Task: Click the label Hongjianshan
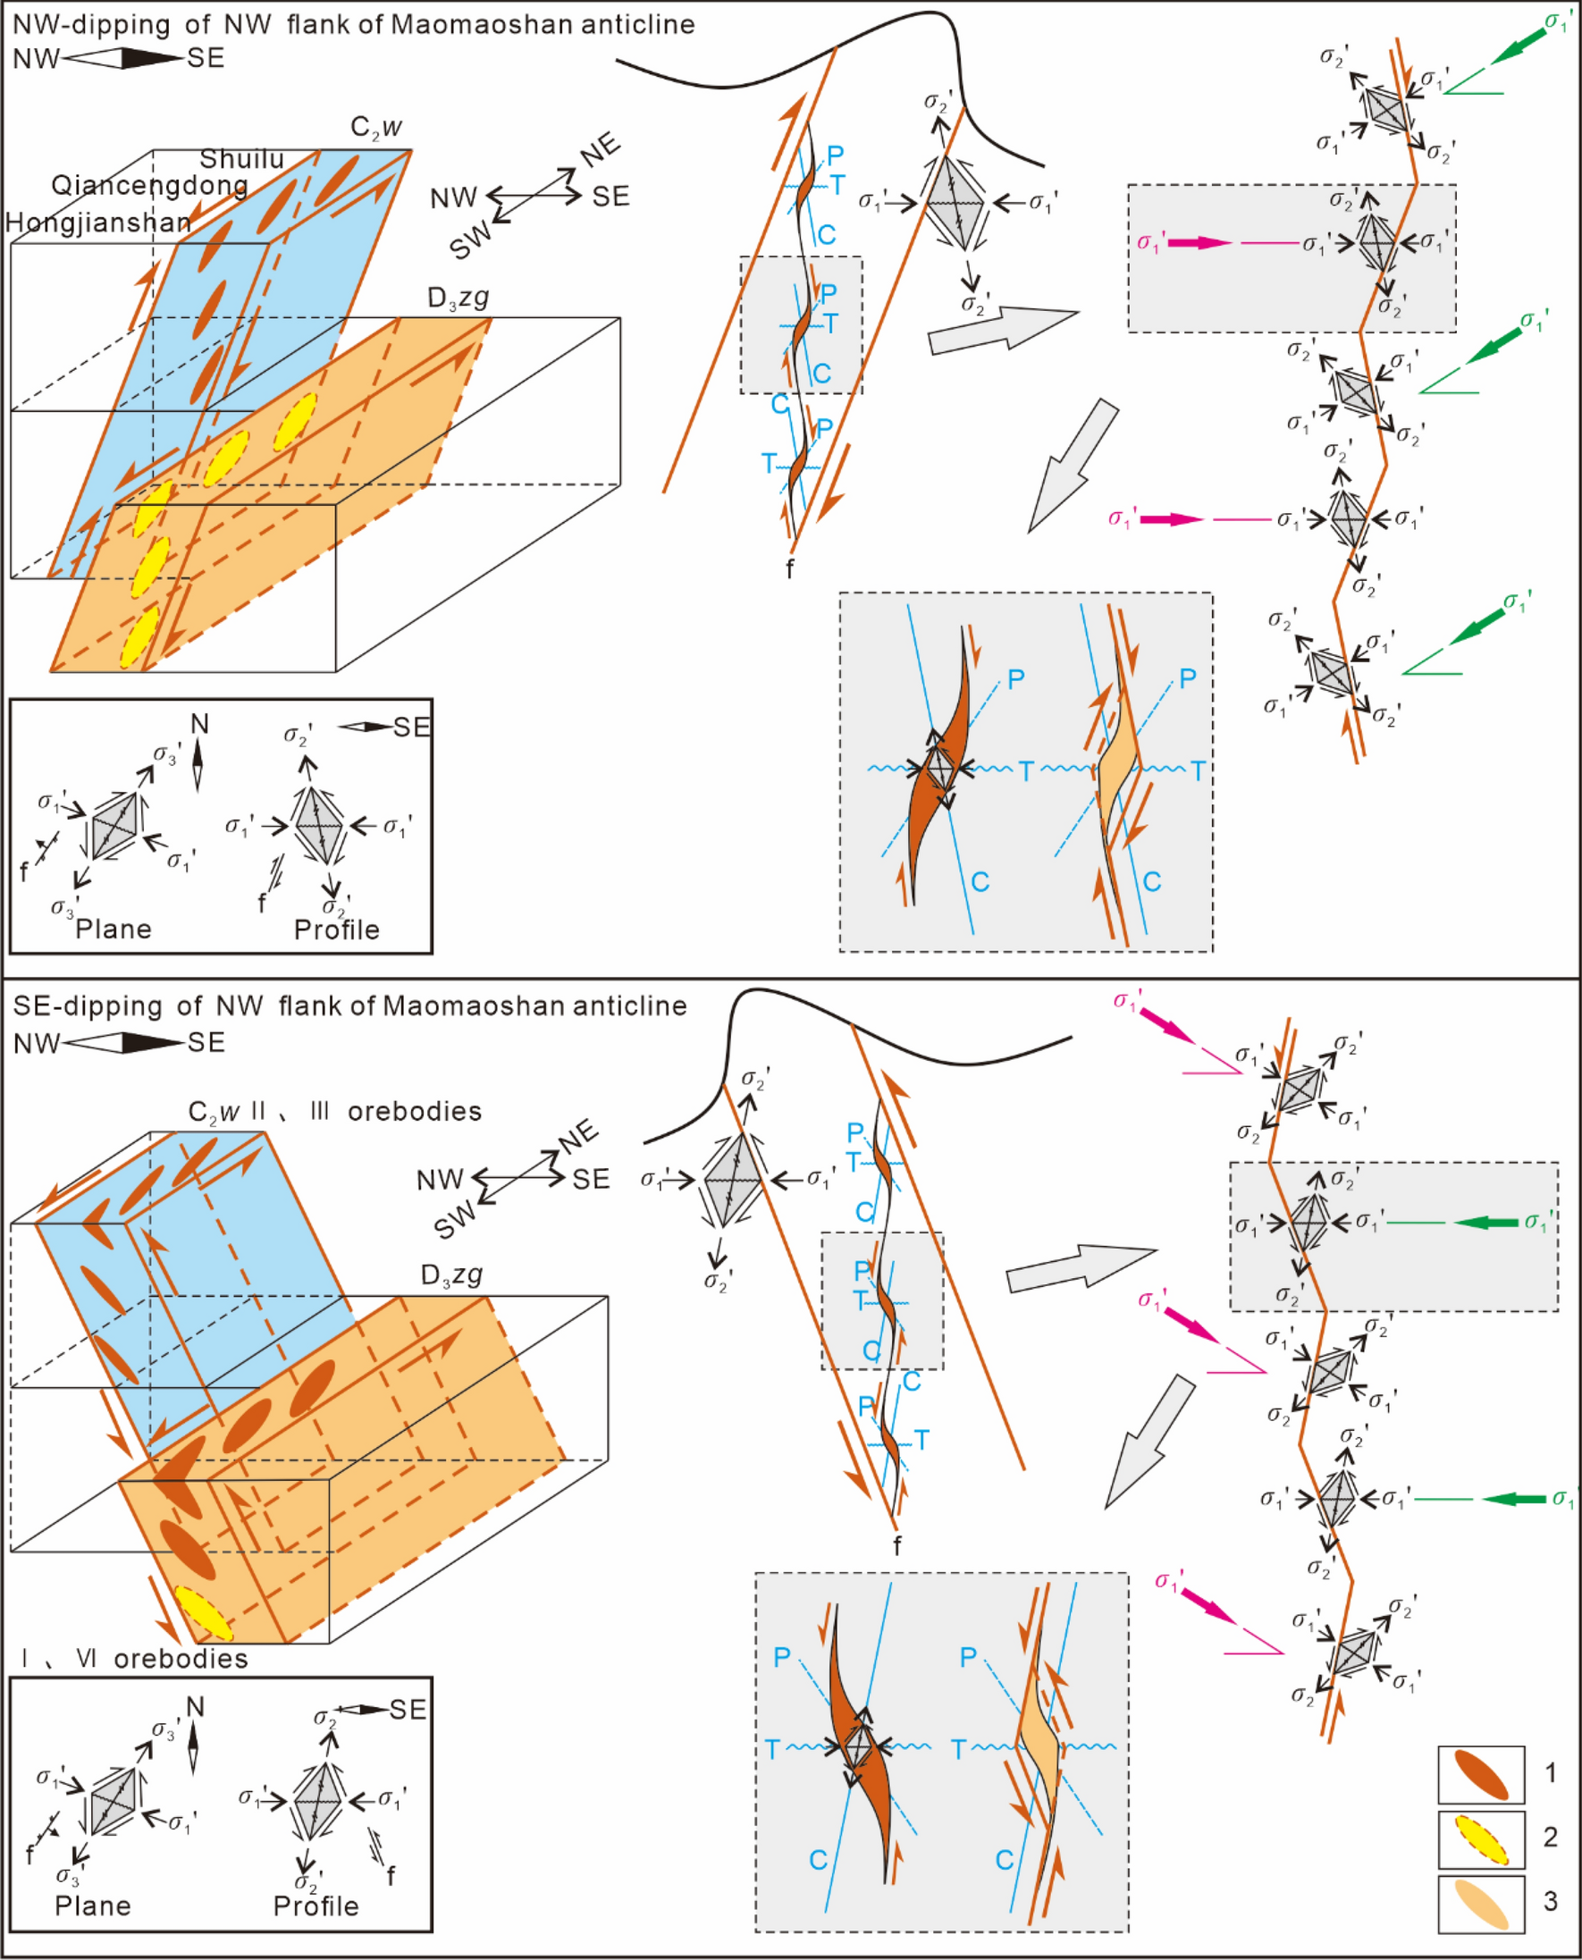(x=98, y=223)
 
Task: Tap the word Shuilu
(x=241, y=159)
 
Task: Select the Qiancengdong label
(x=149, y=186)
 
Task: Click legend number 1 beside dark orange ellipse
(x=1550, y=1772)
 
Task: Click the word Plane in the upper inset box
(x=113, y=930)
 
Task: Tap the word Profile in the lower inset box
(x=316, y=1906)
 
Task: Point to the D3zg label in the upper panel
(x=459, y=298)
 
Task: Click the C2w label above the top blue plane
(x=375, y=127)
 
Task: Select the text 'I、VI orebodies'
(x=134, y=1659)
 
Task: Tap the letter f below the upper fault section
(x=789, y=569)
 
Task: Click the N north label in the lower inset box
(x=194, y=1706)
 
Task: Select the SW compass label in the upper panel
(x=471, y=241)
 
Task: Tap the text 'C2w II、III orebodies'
(x=334, y=1112)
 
